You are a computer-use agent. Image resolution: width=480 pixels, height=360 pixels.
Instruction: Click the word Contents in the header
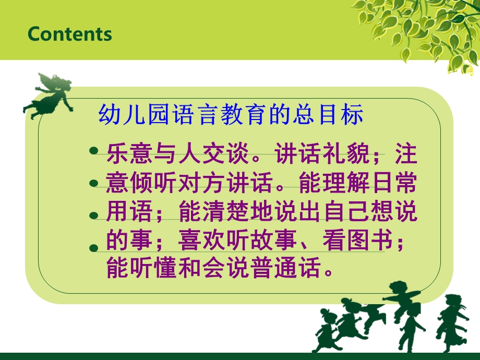(x=69, y=34)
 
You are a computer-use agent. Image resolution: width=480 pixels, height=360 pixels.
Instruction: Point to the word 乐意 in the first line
(x=124, y=154)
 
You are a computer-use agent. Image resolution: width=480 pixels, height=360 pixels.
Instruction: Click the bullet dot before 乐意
(x=94, y=151)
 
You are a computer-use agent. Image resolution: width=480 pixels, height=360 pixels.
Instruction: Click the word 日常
(x=398, y=184)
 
